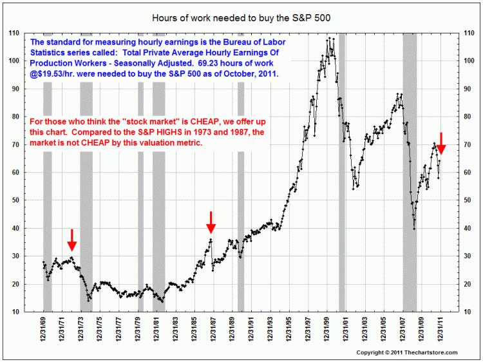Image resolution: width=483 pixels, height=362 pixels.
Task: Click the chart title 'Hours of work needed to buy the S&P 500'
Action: click(241, 17)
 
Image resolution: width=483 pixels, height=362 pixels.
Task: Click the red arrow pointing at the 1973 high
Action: click(72, 240)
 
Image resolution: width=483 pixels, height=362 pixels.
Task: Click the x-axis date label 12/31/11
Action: click(440, 330)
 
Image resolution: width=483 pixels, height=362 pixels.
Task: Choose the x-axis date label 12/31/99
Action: click(327, 330)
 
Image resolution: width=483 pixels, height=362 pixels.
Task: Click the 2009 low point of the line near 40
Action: click(414, 228)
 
